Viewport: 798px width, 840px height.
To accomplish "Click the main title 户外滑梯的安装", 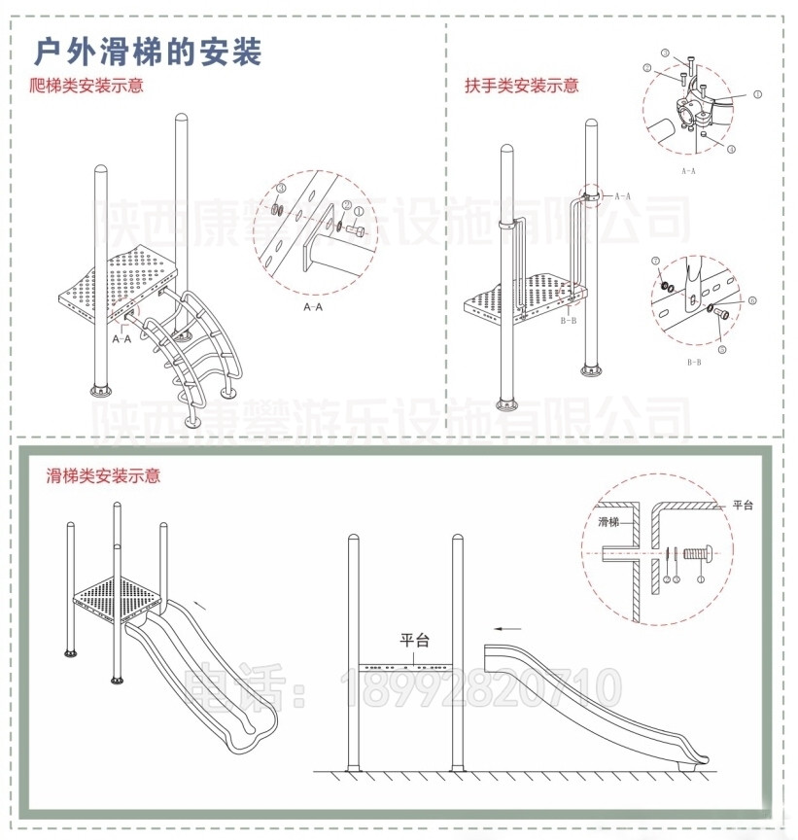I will pos(148,52).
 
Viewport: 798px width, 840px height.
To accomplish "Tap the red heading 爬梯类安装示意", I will pos(87,86).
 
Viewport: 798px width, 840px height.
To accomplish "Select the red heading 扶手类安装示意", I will pos(521,86).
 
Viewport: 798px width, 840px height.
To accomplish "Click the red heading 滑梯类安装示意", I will pos(103,476).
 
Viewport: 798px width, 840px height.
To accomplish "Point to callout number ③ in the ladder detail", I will pos(279,188).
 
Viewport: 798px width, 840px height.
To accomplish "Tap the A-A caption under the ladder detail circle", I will pos(313,307).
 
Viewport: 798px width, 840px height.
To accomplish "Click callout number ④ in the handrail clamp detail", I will pos(730,149).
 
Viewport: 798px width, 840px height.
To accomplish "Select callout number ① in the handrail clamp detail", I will pos(756,95).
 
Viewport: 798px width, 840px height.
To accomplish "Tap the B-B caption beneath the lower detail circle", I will pos(694,362).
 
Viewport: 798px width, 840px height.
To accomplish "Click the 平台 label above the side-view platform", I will pos(415,640).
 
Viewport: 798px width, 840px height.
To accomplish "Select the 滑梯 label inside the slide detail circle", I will pos(609,522).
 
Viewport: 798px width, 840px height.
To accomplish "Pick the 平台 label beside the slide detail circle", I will pos(743,505).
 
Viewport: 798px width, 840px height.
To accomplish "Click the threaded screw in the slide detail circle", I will pos(697,555).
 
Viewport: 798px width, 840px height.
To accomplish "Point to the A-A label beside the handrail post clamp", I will pos(622,195).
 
